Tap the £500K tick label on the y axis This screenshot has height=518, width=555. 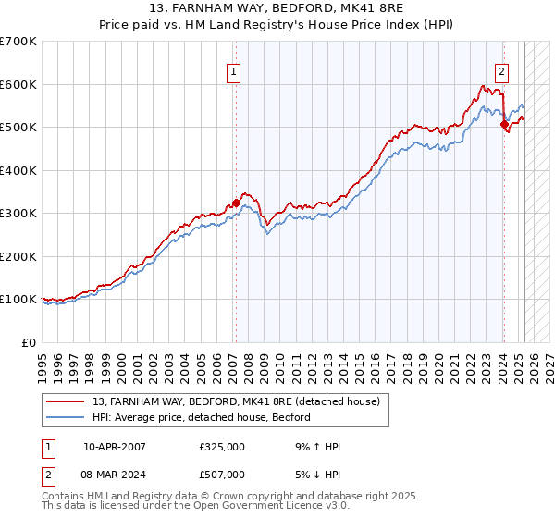[x=18, y=127]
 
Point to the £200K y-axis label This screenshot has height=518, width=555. [x=18, y=256]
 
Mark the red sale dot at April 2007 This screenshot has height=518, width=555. [x=236, y=203]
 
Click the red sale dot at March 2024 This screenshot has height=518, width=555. [x=504, y=124]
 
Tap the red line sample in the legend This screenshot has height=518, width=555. [x=67, y=401]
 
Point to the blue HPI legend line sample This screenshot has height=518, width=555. [x=67, y=418]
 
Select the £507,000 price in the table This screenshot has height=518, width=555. [x=222, y=475]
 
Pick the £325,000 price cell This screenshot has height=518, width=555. [x=222, y=447]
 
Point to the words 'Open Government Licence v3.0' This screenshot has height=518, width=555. [x=268, y=507]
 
